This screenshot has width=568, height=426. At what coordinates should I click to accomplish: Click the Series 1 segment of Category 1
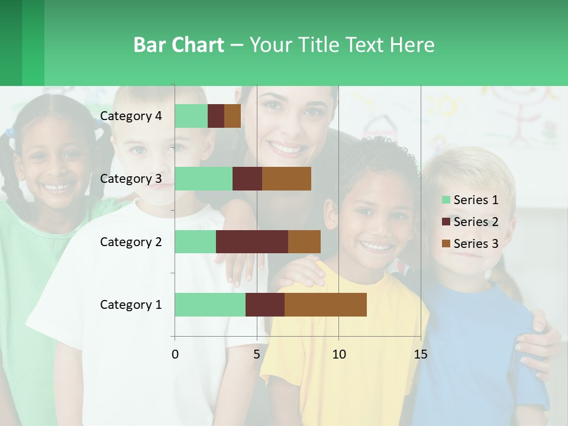pyautogui.click(x=209, y=305)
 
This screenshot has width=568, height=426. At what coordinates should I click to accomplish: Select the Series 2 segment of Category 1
pyautogui.click(x=264, y=305)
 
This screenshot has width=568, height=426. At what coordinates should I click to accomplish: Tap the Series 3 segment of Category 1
pyautogui.click(x=325, y=305)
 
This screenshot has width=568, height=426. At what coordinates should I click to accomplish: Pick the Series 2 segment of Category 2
pyautogui.click(x=251, y=241)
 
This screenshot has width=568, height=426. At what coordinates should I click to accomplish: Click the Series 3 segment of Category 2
pyautogui.click(x=304, y=241)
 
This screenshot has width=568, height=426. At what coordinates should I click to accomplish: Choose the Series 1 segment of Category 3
pyautogui.click(x=203, y=179)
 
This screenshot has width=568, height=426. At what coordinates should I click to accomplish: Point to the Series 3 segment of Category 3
pyautogui.click(x=286, y=179)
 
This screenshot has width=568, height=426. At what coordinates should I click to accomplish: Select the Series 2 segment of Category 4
pyautogui.click(x=216, y=116)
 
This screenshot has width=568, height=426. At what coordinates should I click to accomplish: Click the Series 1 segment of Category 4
pyautogui.click(x=191, y=116)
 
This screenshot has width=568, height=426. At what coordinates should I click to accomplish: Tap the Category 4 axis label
pyautogui.click(x=131, y=116)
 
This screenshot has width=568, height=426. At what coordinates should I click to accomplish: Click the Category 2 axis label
pyautogui.click(x=131, y=241)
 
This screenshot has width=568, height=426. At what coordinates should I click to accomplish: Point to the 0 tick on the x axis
pyautogui.click(x=175, y=354)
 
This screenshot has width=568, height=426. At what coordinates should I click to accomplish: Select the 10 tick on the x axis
pyautogui.click(x=338, y=354)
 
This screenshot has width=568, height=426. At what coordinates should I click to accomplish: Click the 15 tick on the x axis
pyautogui.click(x=421, y=354)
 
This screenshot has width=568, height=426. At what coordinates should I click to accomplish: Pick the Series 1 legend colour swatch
pyautogui.click(x=446, y=200)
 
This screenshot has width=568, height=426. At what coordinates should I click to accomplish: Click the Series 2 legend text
pyautogui.click(x=476, y=222)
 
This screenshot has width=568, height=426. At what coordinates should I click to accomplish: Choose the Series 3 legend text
pyautogui.click(x=476, y=244)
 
